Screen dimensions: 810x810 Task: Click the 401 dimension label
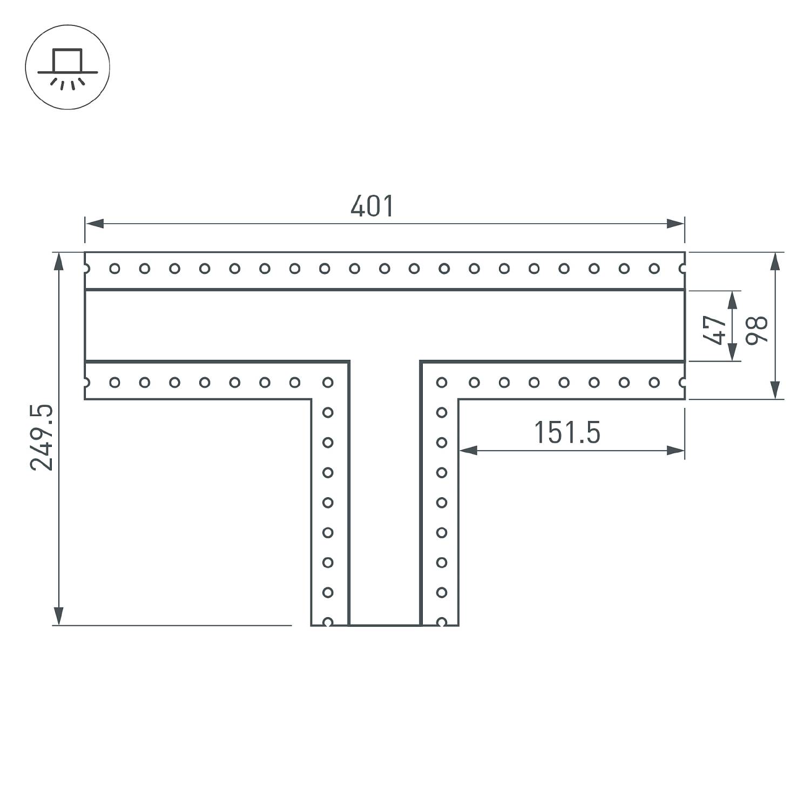(372, 206)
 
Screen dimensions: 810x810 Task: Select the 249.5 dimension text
(42, 437)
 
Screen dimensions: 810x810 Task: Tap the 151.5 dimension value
(567, 433)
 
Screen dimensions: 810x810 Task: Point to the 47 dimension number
(714, 330)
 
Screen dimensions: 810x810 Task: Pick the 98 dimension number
(757, 330)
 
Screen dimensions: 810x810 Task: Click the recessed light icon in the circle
(67, 68)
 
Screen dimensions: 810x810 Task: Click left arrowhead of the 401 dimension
(94, 224)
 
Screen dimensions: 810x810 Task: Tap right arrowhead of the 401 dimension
(676, 224)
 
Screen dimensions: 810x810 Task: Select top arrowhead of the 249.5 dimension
(58, 262)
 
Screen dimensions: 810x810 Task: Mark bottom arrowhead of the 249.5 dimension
(58, 616)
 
